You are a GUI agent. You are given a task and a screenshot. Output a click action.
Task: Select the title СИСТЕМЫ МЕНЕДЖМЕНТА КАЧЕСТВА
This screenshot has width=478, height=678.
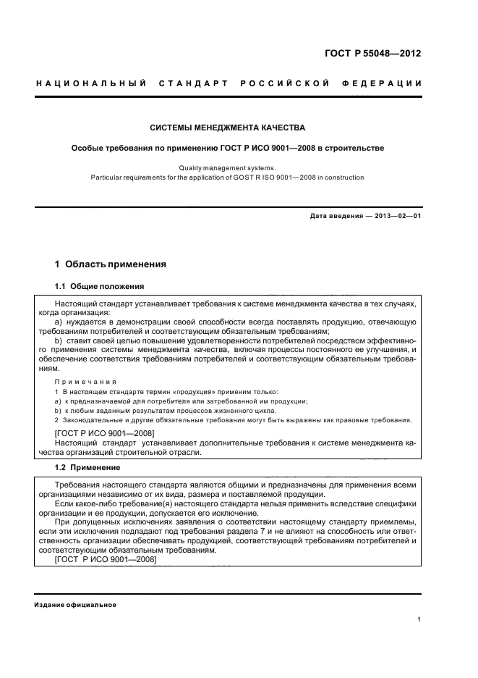click(228, 128)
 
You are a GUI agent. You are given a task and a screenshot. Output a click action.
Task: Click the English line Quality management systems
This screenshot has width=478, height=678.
click(228, 167)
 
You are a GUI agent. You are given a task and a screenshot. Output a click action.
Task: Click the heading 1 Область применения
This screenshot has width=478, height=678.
click(111, 264)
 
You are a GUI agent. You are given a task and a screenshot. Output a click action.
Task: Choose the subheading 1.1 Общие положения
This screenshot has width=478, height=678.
click(100, 286)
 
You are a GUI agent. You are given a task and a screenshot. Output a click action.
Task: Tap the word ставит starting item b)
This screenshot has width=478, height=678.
click(82, 340)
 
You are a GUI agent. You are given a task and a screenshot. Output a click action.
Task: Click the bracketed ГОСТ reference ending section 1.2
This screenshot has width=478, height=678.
click(105, 559)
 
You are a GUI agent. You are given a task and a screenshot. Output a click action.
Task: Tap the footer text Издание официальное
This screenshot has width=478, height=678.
click(75, 605)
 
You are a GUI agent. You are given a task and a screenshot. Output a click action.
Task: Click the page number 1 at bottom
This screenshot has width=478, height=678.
click(419, 619)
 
